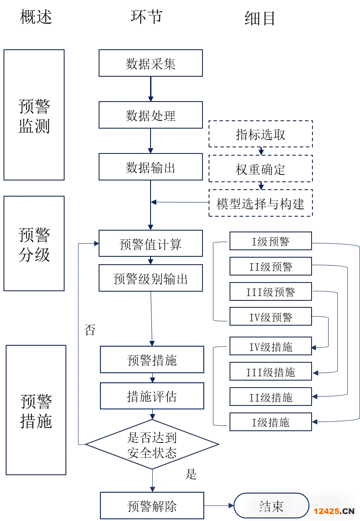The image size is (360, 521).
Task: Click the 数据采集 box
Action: [151, 63]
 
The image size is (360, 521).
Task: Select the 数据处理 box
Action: [151, 115]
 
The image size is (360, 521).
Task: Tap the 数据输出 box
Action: [151, 167]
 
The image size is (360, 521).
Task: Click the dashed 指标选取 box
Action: [261, 134]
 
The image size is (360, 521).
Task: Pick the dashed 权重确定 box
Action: [261, 169]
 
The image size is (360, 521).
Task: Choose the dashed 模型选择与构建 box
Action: [261, 203]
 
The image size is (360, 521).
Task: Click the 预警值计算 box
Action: [151, 243]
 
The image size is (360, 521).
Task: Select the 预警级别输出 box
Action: [151, 278]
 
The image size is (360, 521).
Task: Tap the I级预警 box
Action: [271, 241]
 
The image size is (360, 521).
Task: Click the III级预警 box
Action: [271, 292]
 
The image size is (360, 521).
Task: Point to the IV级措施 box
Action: [271, 346]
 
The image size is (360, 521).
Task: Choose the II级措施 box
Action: [271, 397]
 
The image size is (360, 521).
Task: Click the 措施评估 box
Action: [152, 396]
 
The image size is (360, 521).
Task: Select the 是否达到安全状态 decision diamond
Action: [152, 445]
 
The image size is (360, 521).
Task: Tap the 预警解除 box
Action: [152, 506]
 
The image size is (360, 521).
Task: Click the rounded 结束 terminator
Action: [271, 506]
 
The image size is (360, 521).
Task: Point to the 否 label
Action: [89, 330]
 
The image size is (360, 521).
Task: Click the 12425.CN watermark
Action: [334, 511]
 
